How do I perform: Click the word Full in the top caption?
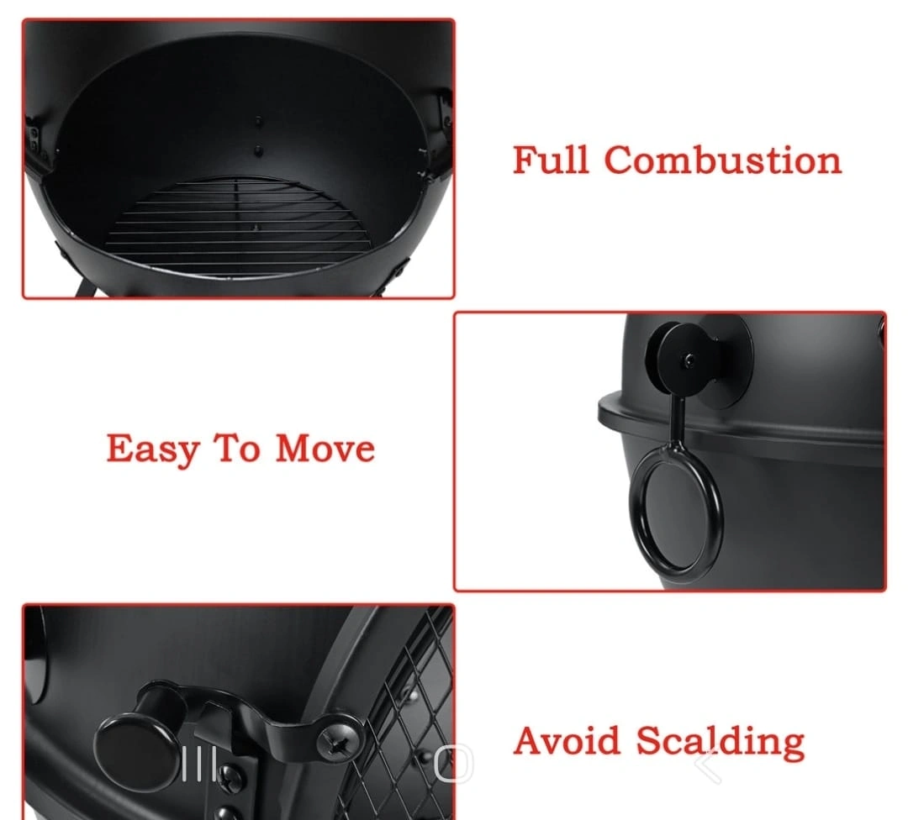(x=550, y=160)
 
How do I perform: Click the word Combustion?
(x=723, y=160)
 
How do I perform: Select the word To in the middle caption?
(x=237, y=449)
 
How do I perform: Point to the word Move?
(x=325, y=449)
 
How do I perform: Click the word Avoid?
(x=567, y=741)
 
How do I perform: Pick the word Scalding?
(x=721, y=741)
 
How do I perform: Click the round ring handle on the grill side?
(x=676, y=507)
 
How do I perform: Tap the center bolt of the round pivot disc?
(x=689, y=361)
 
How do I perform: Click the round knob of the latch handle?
(x=137, y=751)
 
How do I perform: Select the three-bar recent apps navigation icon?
(x=199, y=764)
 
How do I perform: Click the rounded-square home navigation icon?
(x=454, y=763)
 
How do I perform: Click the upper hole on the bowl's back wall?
(x=258, y=122)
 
